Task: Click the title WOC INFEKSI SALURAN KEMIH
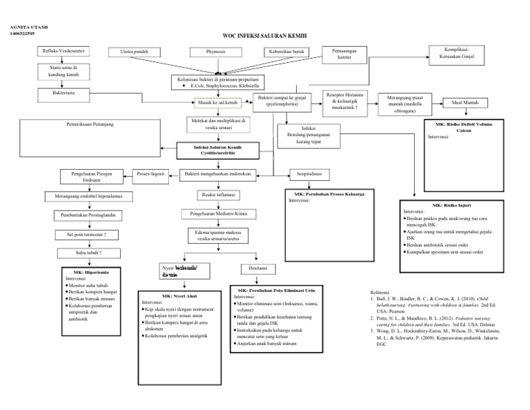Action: tap(264, 35)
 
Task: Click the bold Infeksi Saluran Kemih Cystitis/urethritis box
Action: tap(218, 150)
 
